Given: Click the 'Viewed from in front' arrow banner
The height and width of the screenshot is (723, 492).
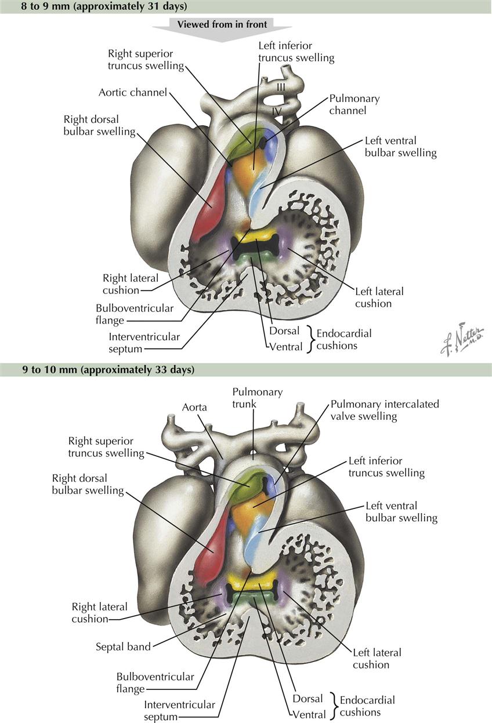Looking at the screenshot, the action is (222, 29).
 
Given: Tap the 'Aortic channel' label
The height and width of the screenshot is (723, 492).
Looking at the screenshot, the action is (133, 93).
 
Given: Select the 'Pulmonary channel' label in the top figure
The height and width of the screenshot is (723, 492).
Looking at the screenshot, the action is (354, 104).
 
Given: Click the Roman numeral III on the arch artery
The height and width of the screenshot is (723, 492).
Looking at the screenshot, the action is (281, 87).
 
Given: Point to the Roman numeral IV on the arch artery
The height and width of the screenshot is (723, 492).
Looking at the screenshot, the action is (277, 112).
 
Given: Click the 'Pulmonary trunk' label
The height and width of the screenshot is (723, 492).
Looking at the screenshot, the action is (258, 398).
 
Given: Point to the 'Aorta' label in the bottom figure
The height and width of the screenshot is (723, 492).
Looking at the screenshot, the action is (194, 408).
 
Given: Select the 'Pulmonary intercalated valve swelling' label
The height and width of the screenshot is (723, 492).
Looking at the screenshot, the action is (385, 410).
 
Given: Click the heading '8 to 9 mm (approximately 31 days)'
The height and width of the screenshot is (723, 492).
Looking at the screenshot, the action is (104, 6).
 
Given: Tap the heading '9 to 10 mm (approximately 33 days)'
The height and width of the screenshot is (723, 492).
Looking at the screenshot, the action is (108, 369).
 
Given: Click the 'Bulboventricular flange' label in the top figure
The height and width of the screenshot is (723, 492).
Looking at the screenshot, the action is (135, 314).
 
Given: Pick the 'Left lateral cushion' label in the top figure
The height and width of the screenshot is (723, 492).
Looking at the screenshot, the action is (379, 297).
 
